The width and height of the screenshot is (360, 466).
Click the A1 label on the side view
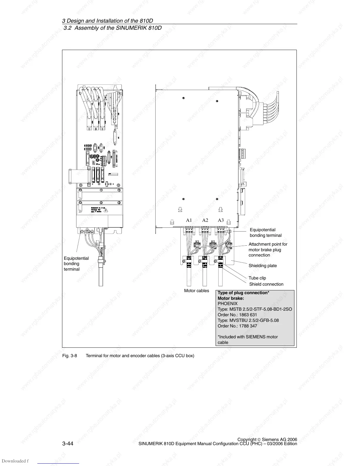pyautogui.click(x=189, y=220)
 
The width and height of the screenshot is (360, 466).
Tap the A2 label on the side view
pyautogui.click(x=205, y=220)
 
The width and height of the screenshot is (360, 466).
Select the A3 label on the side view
pyautogui.click(x=221, y=220)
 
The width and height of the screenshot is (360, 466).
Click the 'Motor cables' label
pyautogui.click(x=196, y=291)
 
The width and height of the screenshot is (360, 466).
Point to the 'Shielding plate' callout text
pyautogui.click(x=263, y=266)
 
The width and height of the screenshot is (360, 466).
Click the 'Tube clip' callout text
pyautogui.click(x=257, y=278)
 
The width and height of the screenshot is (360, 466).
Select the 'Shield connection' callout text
pyautogui.click(x=266, y=284)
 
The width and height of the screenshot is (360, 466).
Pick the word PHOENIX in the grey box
pyautogui.click(x=227, y=304)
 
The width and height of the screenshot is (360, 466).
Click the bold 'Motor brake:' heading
pyautogui.click(x=231, y=298)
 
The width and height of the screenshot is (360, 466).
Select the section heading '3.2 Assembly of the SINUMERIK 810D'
pyautogui.click(x=113, y=28)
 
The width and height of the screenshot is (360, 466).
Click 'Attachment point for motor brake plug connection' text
pyautogui.click(x=268, y=249)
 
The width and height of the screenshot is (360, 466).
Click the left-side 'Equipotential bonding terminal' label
pyautogui.click(x=76, y=264)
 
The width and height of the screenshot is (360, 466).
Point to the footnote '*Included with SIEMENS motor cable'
pyautogui.click(x=247, y=339)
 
